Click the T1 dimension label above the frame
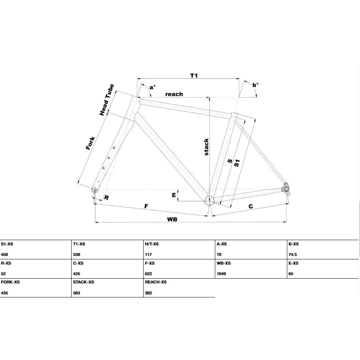194,75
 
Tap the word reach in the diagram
174,94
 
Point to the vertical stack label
207,147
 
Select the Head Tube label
107,100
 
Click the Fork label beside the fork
90,143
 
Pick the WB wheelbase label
172,219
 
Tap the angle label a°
152,87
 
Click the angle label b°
255,85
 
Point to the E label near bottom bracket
174,195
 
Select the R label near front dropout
107,197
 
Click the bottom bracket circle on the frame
209,200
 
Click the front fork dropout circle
94,190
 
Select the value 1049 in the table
221,274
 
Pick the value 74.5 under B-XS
293,254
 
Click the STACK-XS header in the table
84,282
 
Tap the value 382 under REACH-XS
148,293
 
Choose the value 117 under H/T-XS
148,254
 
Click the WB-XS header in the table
224,263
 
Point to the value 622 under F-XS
148,274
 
